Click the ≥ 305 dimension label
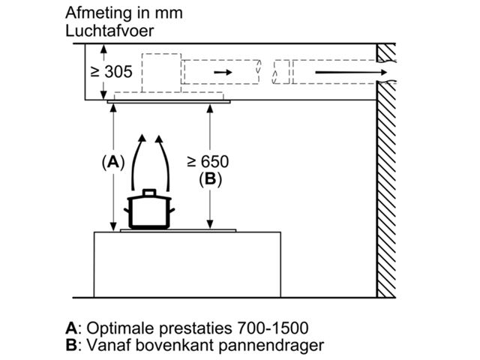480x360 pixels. tap(112, 72)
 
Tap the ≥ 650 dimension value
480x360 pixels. tap(208, 161)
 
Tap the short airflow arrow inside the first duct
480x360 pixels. tap(221, 72)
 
